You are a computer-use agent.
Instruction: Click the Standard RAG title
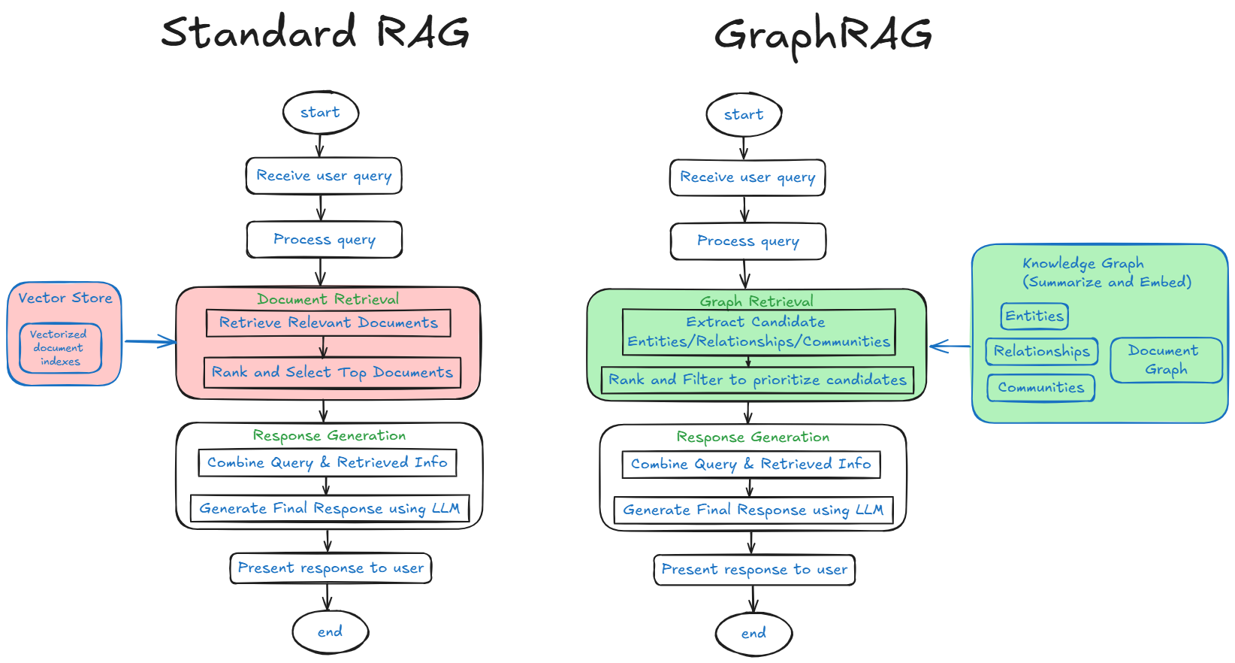click(x=316, y=32)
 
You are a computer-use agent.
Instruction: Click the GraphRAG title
click(x=823, y=35)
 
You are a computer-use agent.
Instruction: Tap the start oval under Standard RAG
click(x=321, y=113)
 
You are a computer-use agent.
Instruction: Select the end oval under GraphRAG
click(x=753, y=634)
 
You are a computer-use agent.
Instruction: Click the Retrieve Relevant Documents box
click(x=328, y=323)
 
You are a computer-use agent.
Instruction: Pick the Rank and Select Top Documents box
click(x=332, y=373)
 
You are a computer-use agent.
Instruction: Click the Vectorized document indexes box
click(x=59, y=348)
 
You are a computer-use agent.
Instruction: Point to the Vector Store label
click(x=65, y=298)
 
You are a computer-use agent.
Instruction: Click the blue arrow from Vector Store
click(x=150, y=342)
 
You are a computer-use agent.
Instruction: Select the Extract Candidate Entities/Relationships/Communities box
click(x=759, y=331)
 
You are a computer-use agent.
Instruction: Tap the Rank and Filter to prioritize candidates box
click(x=757, y=380)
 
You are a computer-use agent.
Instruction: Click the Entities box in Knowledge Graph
click(x=1034, y=316)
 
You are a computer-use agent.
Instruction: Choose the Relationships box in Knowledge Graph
click(x=1041, y=351)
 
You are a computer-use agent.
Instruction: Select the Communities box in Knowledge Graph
click(x=1040, y=388)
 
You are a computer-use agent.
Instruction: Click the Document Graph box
click(x=1165, y=360)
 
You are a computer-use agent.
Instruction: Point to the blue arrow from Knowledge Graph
click(x=950, y=347)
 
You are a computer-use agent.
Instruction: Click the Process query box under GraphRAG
click(x=748, y=241)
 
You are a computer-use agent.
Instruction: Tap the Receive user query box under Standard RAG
click(x=324, y=176)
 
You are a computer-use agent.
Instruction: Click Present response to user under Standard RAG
click(x=331, y=568)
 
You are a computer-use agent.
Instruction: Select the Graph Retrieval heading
click(x=756, y=301)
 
